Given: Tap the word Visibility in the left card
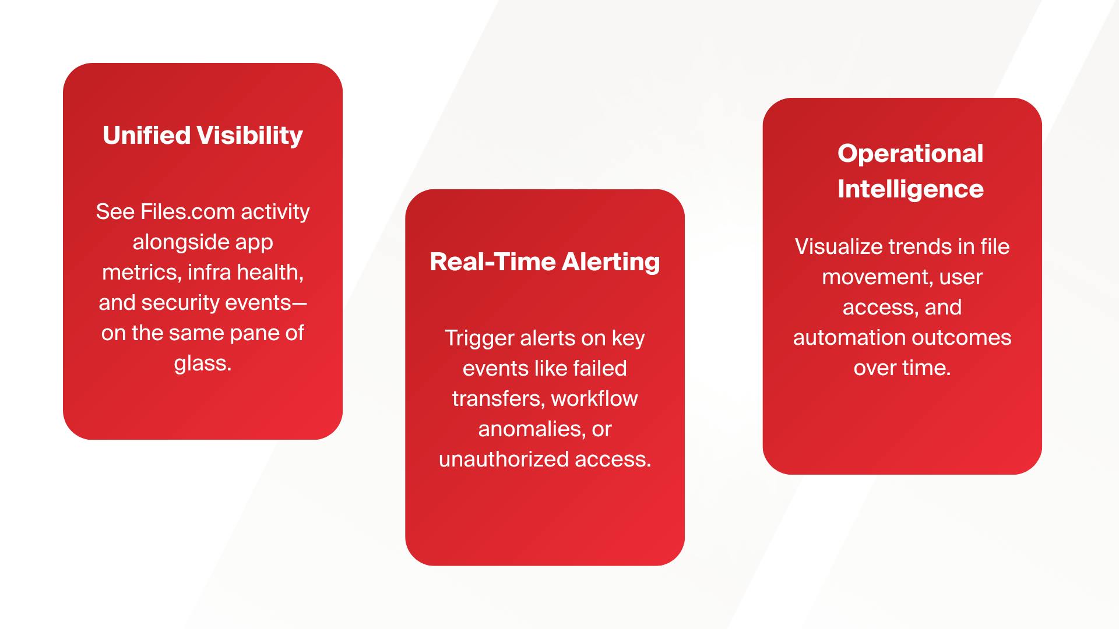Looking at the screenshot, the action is coord(250,136).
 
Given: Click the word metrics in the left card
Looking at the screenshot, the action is coord(142,272).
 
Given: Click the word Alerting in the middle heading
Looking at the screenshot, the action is coord(611,262).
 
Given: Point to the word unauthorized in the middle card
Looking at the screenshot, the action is coord(504,460).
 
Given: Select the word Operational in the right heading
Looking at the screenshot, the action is coord(910,154).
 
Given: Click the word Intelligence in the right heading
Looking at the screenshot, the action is coord(910,189).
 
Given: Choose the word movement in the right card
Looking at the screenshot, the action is coord(872,277).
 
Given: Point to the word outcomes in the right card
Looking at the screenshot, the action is coord(961,338).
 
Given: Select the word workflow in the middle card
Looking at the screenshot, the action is coord(594,399).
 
